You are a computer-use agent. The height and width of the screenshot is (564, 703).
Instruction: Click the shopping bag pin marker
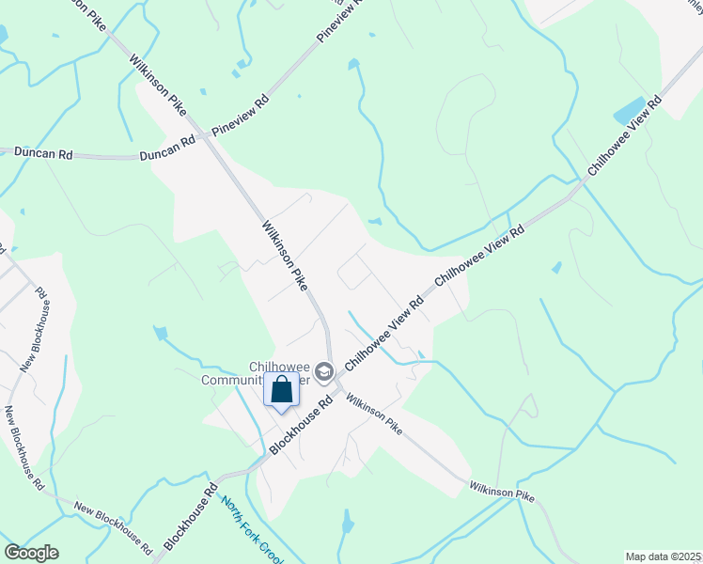coord(282,390)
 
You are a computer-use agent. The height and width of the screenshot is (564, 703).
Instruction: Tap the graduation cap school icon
coord(324,373)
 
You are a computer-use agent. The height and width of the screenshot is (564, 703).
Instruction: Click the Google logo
coord(31,553)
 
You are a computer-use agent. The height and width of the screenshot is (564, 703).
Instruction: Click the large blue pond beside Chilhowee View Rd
coord(636,110)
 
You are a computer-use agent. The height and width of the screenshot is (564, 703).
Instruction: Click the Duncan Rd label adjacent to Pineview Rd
coord(167,148)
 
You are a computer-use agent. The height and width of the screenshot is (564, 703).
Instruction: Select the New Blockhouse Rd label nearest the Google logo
coord(113,526)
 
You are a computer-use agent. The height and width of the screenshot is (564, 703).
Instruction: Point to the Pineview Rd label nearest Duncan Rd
coord(241,115)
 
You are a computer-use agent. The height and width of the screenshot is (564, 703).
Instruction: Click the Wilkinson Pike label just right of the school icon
coord(373,414)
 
